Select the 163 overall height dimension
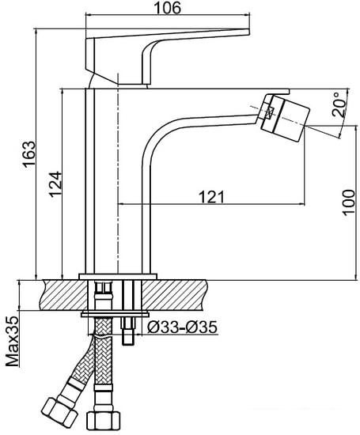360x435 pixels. pyautogui.click(x=28, y=149)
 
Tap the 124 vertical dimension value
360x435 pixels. pyautogui.click(x=52, y=183)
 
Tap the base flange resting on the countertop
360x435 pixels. pyautogui.click(x=119, y=276)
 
